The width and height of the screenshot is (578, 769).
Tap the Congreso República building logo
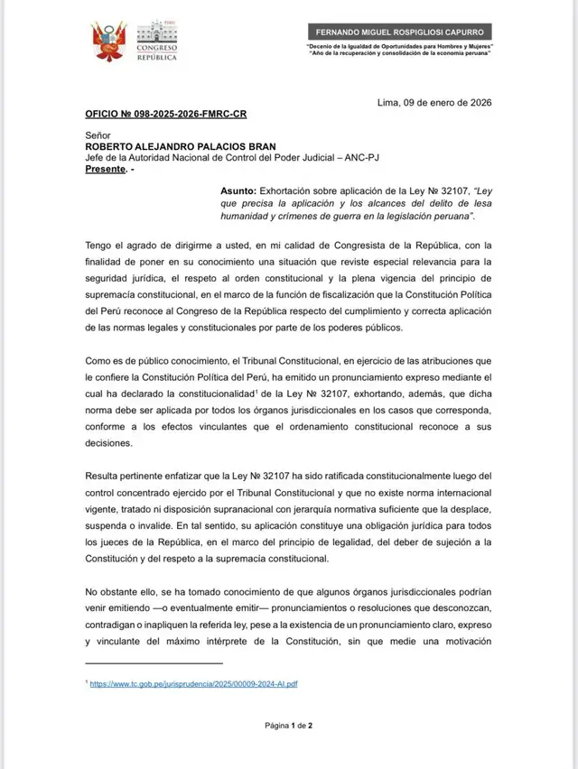click(156, 38)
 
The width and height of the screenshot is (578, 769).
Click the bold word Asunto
click(238, 191)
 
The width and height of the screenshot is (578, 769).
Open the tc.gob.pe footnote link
click(193, 683)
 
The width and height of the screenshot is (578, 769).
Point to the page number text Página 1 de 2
click(288, 725)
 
